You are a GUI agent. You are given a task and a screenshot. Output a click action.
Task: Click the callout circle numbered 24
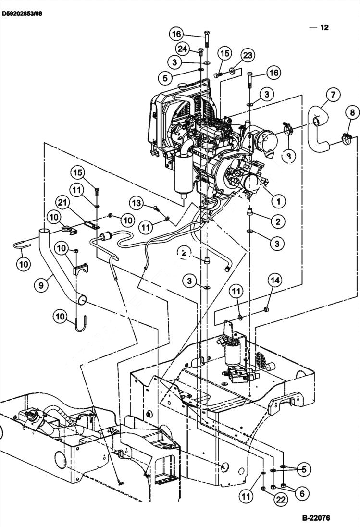pyautogui.click(x=182, y=49)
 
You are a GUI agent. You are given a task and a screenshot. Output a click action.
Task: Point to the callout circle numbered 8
pyautogui.click(x=352, y=113)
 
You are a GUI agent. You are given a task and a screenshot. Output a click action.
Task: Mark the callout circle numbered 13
pyautogui.click(x=137, y=204)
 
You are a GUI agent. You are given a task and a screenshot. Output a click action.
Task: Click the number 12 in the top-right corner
pyautogui.click(x=324, y=27)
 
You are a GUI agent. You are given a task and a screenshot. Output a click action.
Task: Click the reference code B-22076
pyautogui.click(x=316, y=518)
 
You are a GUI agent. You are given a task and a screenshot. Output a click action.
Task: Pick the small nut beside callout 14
pyautogui.click(x=267, y=308)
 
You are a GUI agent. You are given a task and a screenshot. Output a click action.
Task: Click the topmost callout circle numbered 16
pyautogui.click(x=176, y=34)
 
